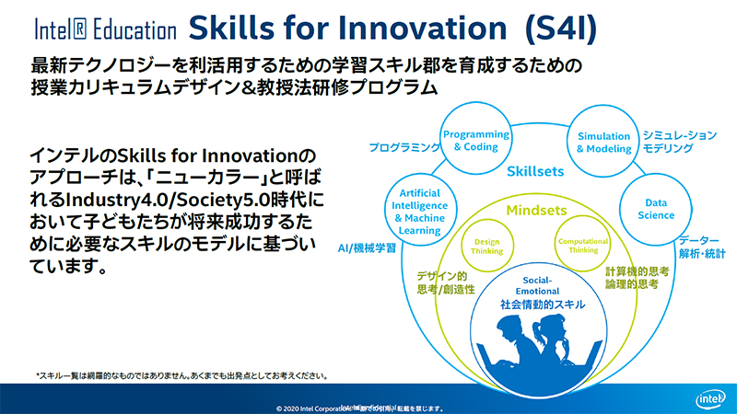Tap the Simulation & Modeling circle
click(x=603, y=141)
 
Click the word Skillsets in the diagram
click(x=536, y=171)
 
